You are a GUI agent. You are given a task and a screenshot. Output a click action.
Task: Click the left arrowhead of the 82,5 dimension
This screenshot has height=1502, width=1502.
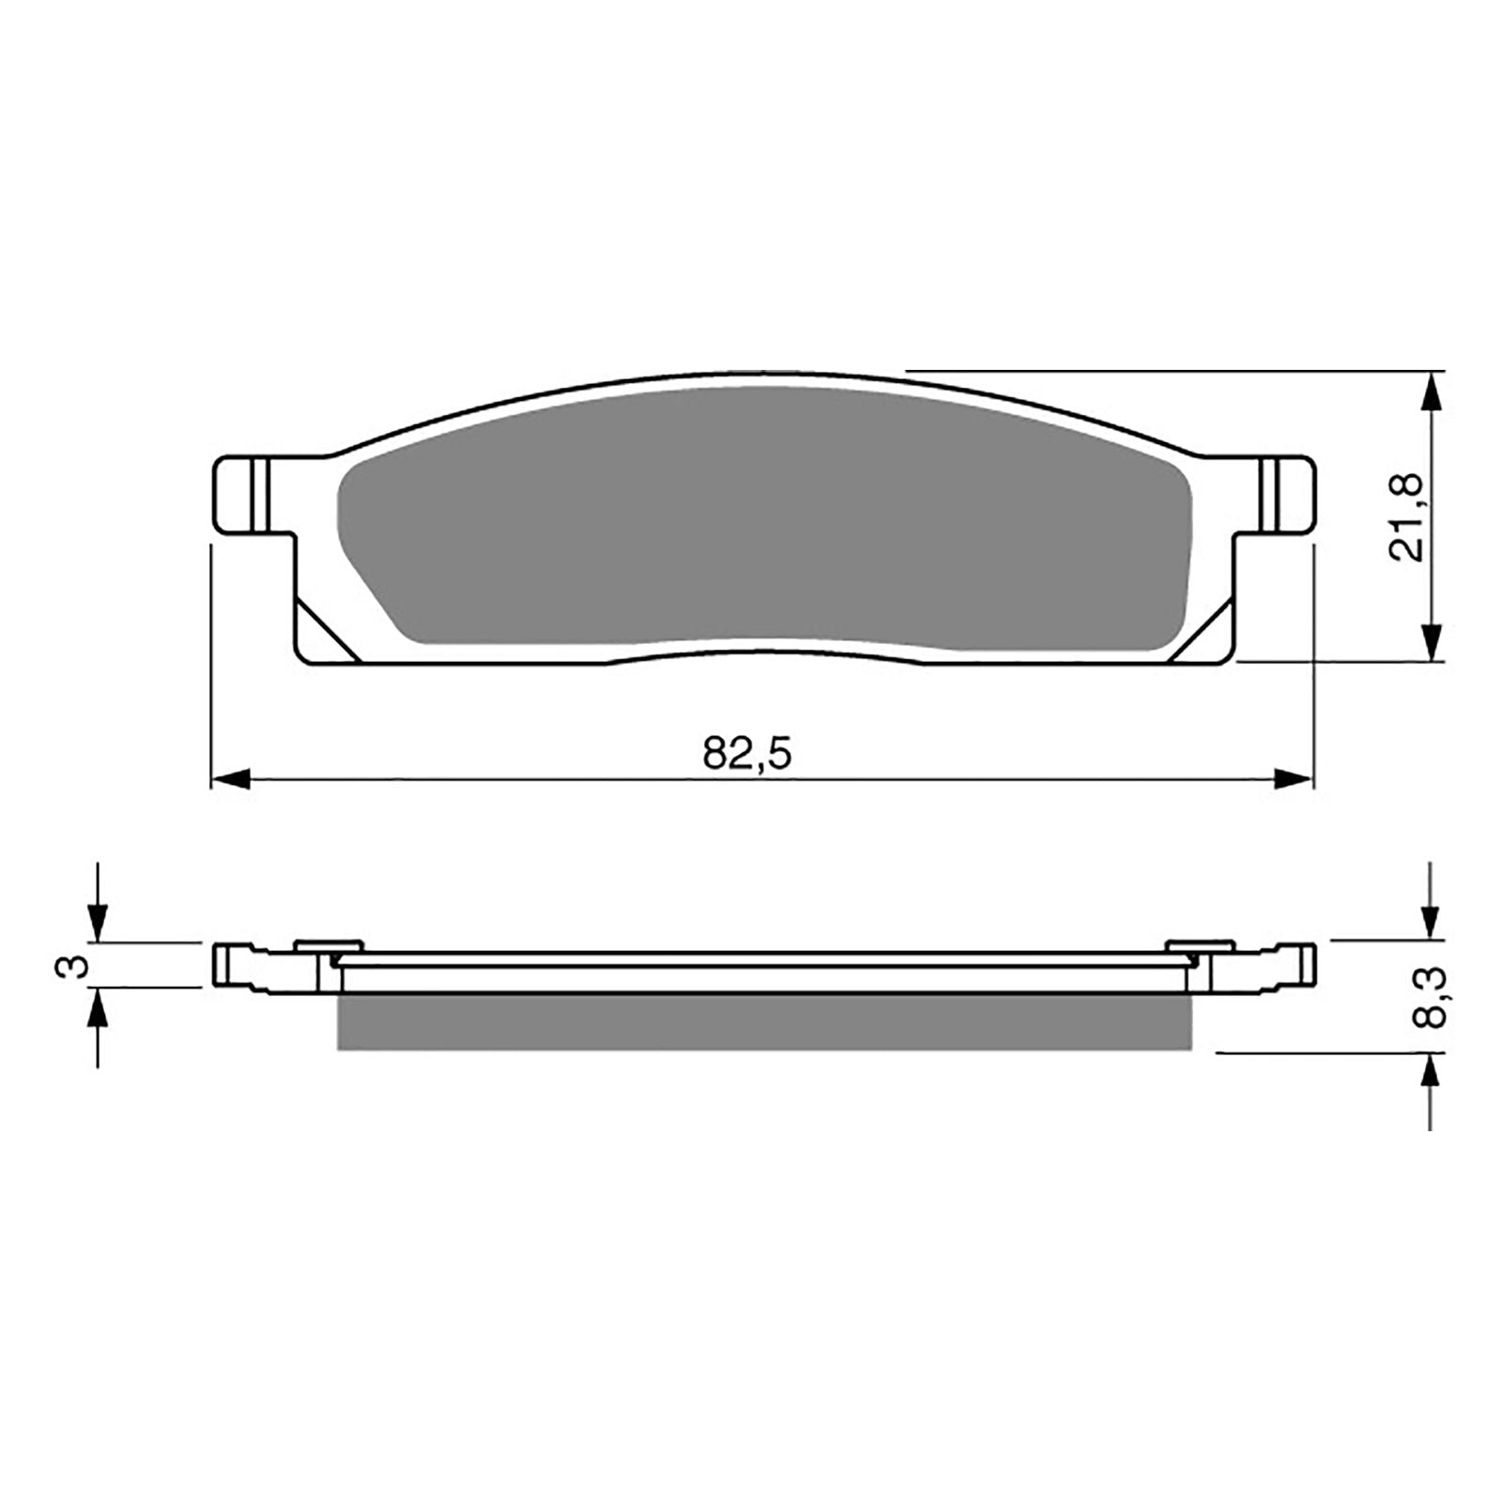(231, 778)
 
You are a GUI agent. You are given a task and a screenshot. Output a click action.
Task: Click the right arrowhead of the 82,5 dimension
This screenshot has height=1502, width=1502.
(1293, 778)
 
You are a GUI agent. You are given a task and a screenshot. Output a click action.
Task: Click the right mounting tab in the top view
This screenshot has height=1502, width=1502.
(1285, 496)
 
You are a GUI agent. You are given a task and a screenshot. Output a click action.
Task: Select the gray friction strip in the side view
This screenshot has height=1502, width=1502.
(762, 1022)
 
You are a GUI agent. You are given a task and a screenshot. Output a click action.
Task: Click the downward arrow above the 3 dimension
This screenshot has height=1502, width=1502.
(98, 921)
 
